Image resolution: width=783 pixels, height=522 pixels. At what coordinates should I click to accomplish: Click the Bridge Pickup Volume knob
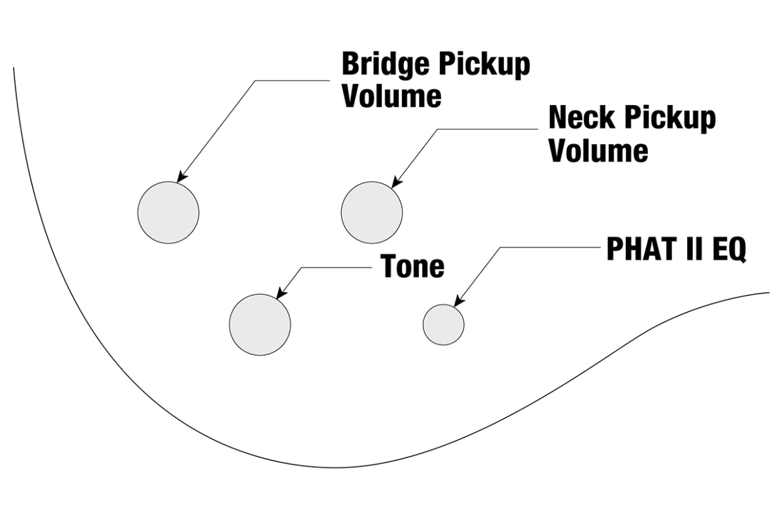click(x=168, y=213)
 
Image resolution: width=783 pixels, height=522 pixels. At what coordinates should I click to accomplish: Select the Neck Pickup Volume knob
click(x=372, y=213)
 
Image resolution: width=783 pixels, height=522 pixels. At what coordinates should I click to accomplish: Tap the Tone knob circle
click(x=260, y=324)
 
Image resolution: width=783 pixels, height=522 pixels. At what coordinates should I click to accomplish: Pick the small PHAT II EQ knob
click(x=444, y=324)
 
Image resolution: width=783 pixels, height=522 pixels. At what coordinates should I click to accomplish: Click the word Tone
click(x=412, y=266)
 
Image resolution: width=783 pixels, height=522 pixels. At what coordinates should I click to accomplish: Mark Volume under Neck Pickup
click(x=598, y=151)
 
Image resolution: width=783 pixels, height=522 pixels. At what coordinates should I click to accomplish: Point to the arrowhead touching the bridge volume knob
click(x=181, y=177)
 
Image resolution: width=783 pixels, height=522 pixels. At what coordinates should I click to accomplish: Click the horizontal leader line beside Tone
click(x=336, y=268)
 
